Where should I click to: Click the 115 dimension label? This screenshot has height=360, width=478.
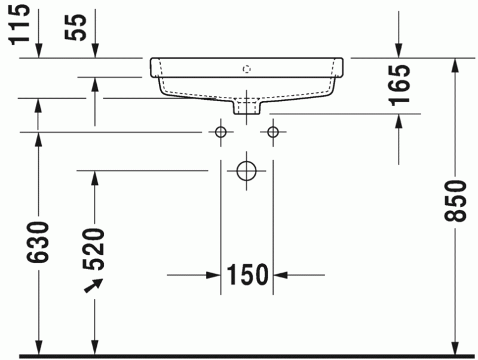click(x=20, y=22)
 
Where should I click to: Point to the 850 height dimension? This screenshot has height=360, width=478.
click(x=455, y=200)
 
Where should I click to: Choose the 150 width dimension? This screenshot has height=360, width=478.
click(x=246, y=275)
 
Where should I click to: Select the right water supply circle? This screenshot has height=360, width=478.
click(x=273, y=132)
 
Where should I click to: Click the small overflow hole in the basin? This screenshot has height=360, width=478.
click(x=247, y=69)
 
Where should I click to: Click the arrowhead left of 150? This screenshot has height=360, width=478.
click(x=213, y=275)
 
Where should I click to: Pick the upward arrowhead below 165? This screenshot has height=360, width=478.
click(x=399, y=120)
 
